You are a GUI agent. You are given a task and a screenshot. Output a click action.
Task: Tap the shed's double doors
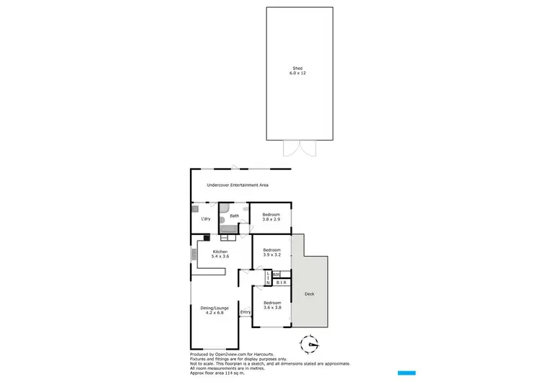pyautogui.click(x=299, y=148)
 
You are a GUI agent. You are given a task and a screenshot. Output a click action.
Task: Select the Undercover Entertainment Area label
pyautogui.click(x=238, y=185)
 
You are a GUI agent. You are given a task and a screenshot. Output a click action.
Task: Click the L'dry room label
pyautogui.click(x=206, y=218)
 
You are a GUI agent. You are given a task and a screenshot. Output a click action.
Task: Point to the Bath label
pyautogui.click(x=234, y=216)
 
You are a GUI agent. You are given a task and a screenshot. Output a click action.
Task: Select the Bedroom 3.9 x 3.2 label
pyautogui.click(x=271, y=252)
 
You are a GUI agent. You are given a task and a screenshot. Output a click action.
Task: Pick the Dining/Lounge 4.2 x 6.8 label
pyautogui.click(x=215, y=310)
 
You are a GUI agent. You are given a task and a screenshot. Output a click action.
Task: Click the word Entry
pyautogui.click(x=246, y=312)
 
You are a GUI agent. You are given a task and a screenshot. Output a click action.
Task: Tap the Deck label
pyautogui.click(x=310, y=294)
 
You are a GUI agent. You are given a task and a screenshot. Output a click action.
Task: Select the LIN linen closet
pyautogui.click(x=269, y=277)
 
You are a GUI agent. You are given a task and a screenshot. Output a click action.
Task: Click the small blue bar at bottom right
pyautogui.click(x=408, y=372)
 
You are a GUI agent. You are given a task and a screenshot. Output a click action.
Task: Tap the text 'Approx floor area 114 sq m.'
pyautogui.click(x=221, y=372)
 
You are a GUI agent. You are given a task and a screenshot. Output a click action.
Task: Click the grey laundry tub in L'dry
pyautogui.click(x=195, y=209)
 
